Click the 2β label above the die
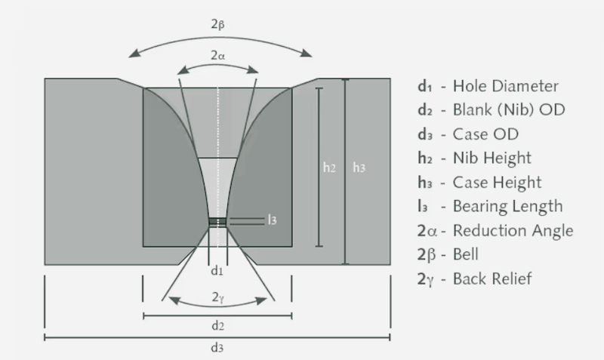(x=217, y=25)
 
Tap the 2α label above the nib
(x=217, y=56)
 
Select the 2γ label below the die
(x=217, y=297)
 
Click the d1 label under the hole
(x=217, y=271)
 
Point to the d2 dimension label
(x=217, y=326)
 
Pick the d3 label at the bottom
(x=217, y=348)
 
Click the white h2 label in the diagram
(x=329, y=168)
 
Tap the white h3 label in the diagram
(x=359, y=168)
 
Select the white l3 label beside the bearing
(x=272, y=220)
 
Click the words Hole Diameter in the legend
(x=505, y=86)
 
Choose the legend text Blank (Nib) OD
(x=509, y=109)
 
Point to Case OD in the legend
(x=485, y=134)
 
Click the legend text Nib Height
(x=492, y=158)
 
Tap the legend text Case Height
(x=497, y=182)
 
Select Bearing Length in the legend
(x=507, y=206)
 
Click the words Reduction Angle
(x=513, y=230)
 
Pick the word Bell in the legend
(x=466, y=254)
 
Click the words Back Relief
(x=492, y=278)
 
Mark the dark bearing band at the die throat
(x=217, y=222)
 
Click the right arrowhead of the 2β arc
(x=307, y=53)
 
